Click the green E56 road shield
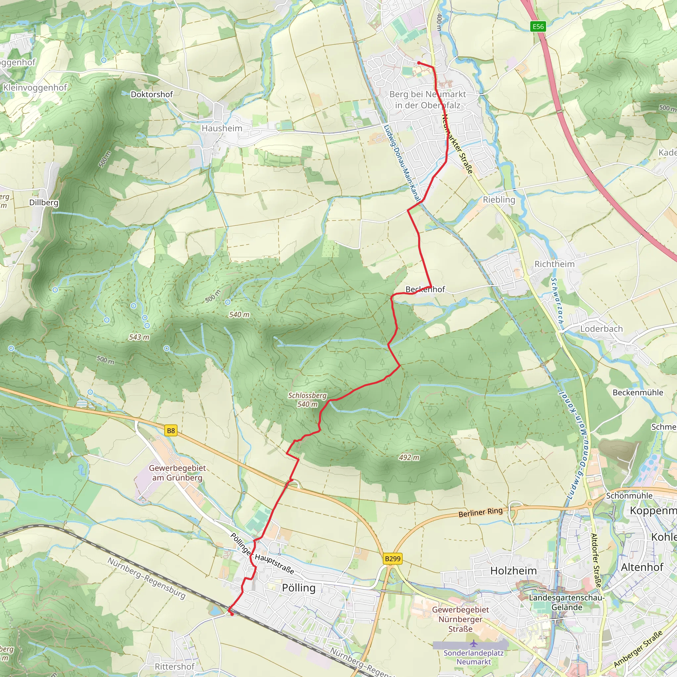(538, 26)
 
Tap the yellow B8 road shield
(171, 431)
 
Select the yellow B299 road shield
(392, 559)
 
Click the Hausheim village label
(222, 129)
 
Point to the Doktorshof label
(152, 94)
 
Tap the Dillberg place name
(44, 203)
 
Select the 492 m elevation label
(409, 457)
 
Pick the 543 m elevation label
(139, 337)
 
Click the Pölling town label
(299, 588)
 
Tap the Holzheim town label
(513, 571)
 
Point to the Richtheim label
(554, 264)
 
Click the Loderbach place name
(601, 329)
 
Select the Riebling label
(499, 200)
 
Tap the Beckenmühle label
(638, 392)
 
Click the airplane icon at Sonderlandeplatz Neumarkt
(473, 643)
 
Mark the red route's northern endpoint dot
(419, 63)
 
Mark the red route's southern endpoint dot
(232, 614)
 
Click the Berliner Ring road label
(480, 512)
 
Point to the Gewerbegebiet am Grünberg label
(177, 473)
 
